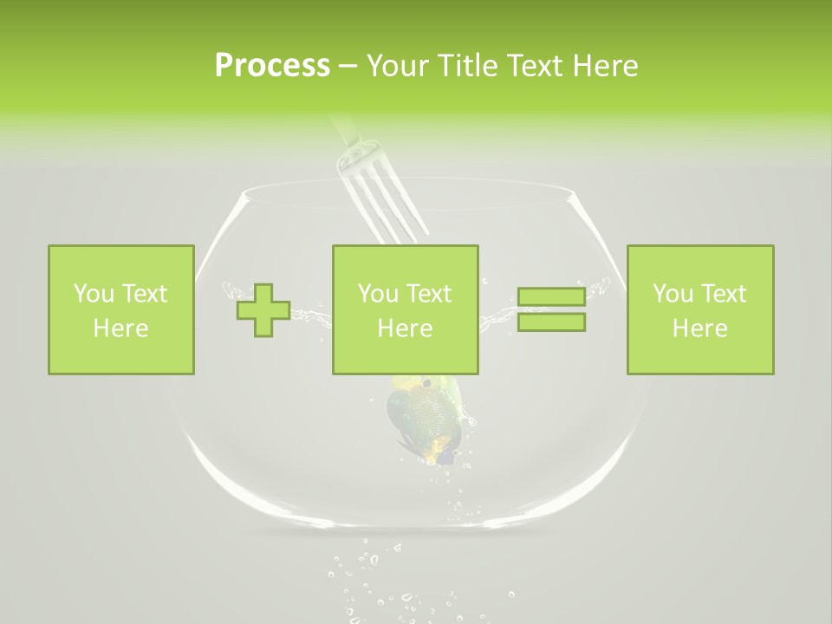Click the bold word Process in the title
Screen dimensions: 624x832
pos(272,66)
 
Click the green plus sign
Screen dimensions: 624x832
pos(263,310)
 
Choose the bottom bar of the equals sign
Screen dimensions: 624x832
pos(551,322)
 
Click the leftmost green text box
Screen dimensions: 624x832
pos(121,310)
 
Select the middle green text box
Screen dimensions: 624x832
pos(406,310)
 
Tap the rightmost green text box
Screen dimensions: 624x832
pos(700,310)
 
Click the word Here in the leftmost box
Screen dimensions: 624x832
pos(120,328)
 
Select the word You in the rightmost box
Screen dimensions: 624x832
pos(672,294)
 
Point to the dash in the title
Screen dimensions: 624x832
pos(348,67)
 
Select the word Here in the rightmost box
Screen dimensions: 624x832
pos(699,328)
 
